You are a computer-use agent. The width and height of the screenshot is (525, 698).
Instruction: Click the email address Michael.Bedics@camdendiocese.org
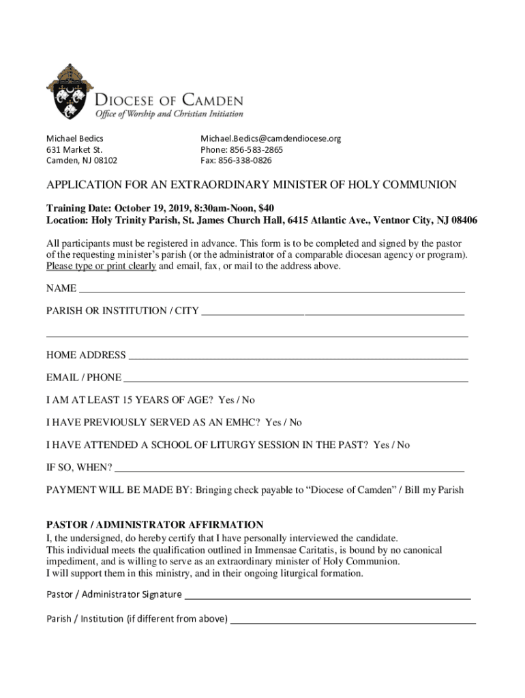pos(270,138)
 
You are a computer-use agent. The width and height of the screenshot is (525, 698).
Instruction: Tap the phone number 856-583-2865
pos(256,150)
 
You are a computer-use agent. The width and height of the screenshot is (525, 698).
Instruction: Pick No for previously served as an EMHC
pos(295,423)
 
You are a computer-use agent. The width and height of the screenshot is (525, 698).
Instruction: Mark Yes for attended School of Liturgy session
pos(381,445)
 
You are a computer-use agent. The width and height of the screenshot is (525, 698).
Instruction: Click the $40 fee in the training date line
pos(267,208)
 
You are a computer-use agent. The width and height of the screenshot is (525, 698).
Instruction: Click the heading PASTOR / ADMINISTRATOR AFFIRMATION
pos(154,525)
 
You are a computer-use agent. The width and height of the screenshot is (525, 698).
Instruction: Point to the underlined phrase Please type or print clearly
pos(101,267)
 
